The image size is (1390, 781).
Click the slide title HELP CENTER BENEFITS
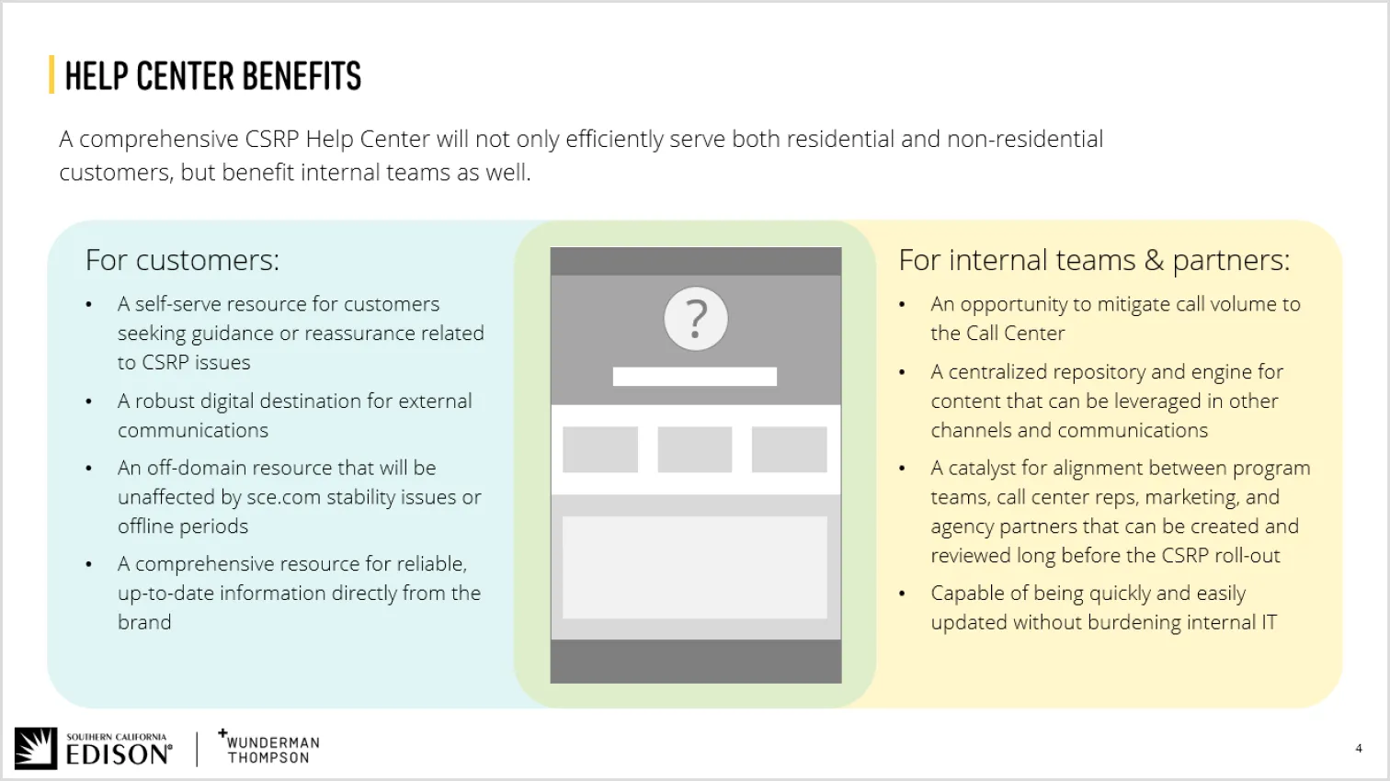(x=212, y=76)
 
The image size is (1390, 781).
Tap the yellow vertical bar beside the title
(x=51, y=75)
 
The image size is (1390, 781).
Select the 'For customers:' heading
(x=182, y=260)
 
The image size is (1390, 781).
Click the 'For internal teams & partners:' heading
(x=1094, y=260)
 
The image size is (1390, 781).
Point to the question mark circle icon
(x=696, y=319)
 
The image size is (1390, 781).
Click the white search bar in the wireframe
(x=695, y=376)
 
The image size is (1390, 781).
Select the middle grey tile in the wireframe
(x=695, y=449)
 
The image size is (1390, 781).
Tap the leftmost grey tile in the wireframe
(x=600, y=449)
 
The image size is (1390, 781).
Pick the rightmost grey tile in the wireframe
(x=790, y=449)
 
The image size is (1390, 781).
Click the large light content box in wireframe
(x=695, y=567)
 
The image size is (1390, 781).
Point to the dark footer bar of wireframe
(x=695, y=662)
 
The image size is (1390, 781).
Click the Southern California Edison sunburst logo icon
(x=36, y=749)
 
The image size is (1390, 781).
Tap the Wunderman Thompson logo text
(x=272, y=750)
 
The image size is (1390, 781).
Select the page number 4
(x=1359, y=748)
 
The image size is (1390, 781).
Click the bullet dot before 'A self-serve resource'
(x=89, y=304)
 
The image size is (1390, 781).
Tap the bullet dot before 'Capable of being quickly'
(x=902, y=594)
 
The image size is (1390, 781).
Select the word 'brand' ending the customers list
(x=144, y=622)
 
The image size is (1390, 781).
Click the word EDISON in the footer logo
(x=118, y=755)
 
